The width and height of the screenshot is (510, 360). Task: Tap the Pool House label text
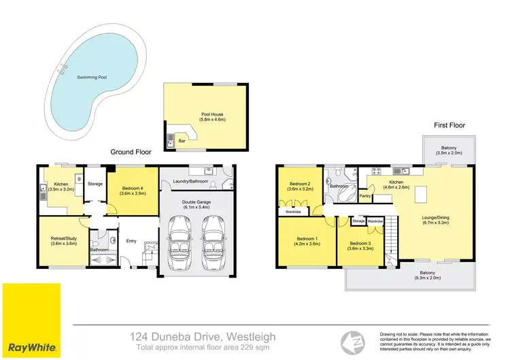point(211,116)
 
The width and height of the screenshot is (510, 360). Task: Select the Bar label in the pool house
point(182,141)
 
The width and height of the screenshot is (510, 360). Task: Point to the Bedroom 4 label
point(133,191)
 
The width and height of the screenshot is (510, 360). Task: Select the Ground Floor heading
point(131,153)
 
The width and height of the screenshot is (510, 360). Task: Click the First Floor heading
point(449,125)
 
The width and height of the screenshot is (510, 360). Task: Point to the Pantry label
point(364,196)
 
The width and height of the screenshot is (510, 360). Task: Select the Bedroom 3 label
point(360,246)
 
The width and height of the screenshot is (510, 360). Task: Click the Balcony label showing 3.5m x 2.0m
point(448,150)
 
